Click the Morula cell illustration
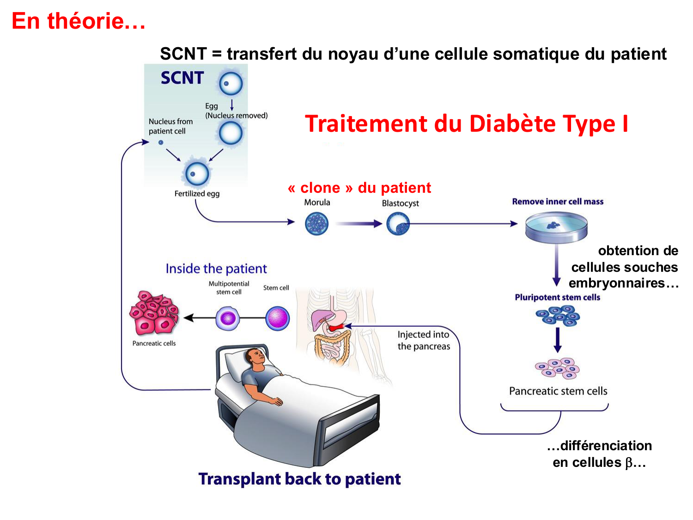[317, 224]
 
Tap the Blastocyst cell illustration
[398, 224]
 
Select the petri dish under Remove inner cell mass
[556, 227]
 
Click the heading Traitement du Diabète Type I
[466, 124]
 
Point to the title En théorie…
[79, 21]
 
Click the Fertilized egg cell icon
[197, 174]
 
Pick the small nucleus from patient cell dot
[161, 142]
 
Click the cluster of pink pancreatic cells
[154, 313]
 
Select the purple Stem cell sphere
[278, 318]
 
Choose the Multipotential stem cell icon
[228, 318]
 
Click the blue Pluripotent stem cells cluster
[558, 317]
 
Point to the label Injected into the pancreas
[424, 340]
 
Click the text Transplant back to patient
[299, 479]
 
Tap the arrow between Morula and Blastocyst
[358, 224]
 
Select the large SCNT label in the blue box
[182, 78]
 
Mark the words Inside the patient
[216, 269]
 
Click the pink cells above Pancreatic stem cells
[558, 368]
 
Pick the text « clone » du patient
[359, 188]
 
